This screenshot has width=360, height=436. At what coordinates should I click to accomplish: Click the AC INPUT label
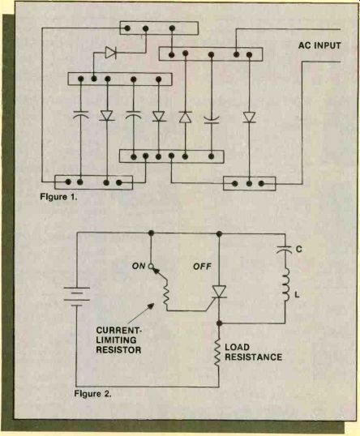319,45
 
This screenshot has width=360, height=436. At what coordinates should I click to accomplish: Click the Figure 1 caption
58,197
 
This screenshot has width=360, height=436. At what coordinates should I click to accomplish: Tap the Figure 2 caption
92,394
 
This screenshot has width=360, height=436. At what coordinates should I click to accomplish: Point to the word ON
139,266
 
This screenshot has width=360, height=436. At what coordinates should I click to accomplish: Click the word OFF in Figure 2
202,267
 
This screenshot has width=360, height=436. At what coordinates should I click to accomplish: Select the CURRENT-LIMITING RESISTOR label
119,340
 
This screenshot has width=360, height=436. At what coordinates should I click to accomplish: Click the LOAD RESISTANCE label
253,352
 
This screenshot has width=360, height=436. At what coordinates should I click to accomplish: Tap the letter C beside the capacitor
299,249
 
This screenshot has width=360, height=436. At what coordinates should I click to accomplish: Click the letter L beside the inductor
297,294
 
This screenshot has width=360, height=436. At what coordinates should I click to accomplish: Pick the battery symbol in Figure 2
77,297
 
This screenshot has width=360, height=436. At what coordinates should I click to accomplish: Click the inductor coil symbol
286,285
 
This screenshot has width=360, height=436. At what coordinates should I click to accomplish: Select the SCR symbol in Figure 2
218,293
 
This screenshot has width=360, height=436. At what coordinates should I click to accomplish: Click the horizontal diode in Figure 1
110,53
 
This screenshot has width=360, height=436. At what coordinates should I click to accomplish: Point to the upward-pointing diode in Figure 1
186,117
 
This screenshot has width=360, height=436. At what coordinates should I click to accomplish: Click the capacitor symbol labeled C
285,249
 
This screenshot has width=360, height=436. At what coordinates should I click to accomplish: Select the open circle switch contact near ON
151,267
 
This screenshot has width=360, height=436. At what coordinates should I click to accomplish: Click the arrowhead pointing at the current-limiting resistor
151,306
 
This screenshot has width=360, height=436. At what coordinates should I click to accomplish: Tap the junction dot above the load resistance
219,323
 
